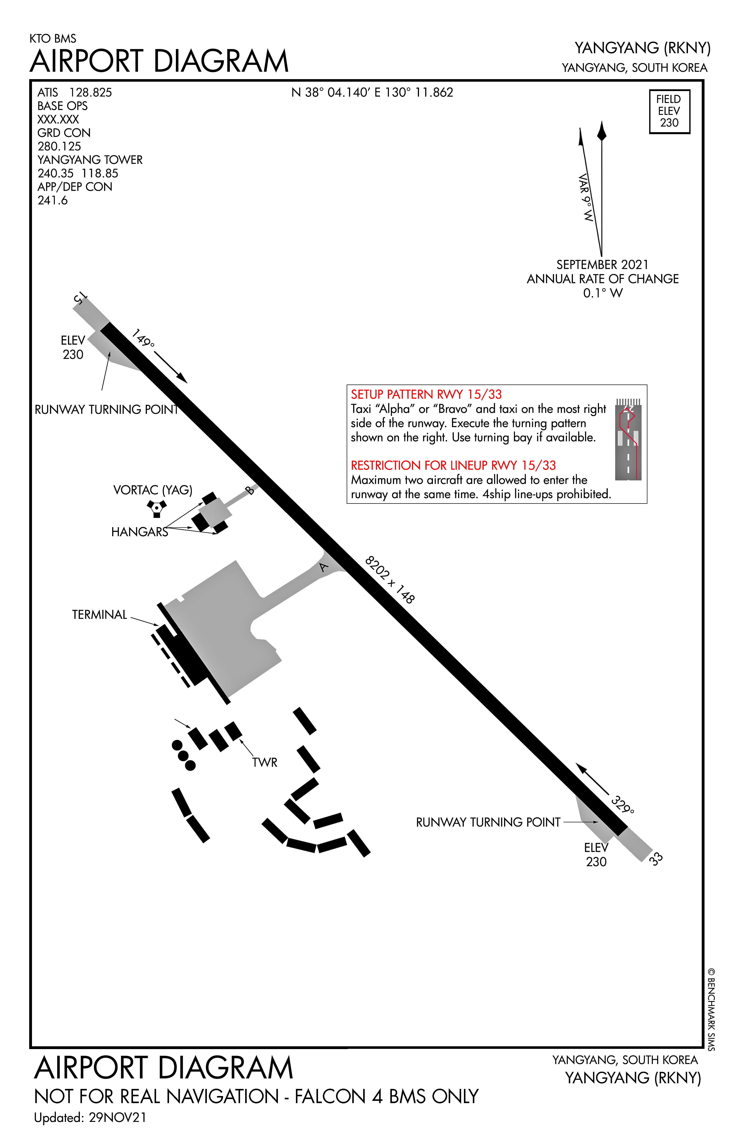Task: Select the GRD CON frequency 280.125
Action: pyautogui.click(x=59, y=146)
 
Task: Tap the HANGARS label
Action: pyautogui.click(x=139, y=532)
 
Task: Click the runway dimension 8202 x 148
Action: pyautogui.click(x=390, y=579)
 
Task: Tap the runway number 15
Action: pyautogui.click(x=80, y=298)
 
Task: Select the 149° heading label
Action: pyautogui.click(x=143, y=338)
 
